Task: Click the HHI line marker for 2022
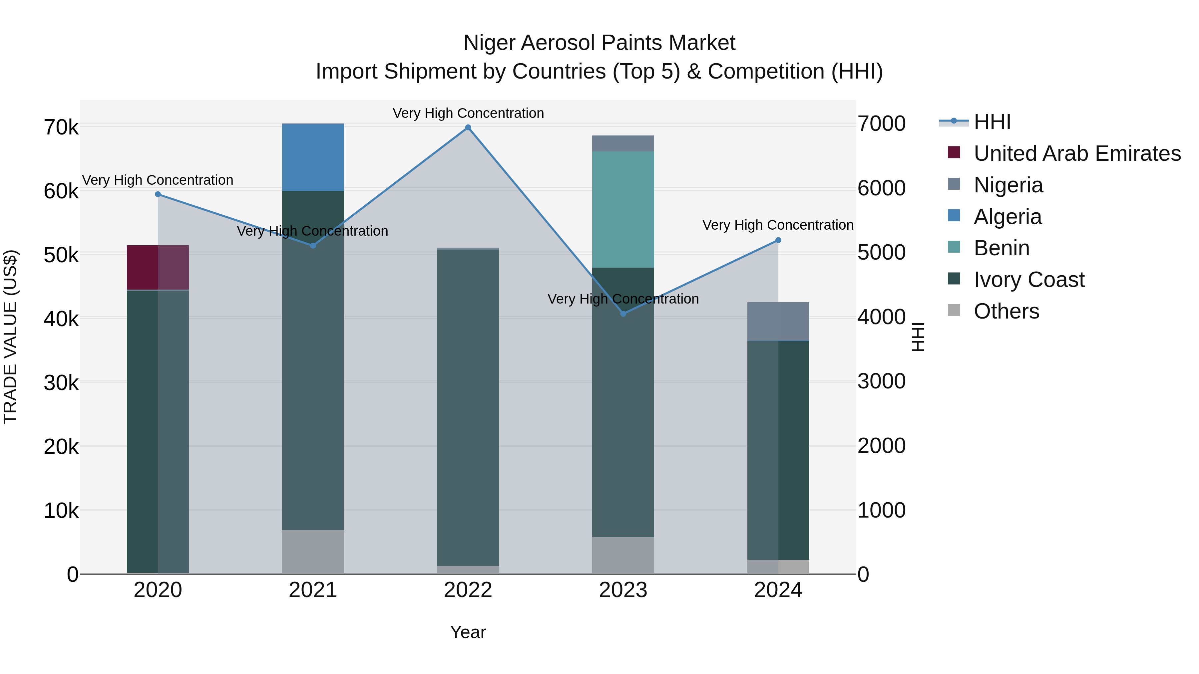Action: (x=468, y=127)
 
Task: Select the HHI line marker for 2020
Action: (x=158, y=194)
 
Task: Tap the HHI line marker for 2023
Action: (x=623, y=314)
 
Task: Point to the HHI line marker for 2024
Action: (x=778, y=240)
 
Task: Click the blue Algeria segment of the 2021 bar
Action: (x=313, y=157)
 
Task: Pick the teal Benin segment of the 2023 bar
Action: (x=623, y=209)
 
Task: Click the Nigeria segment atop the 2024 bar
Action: (x=778, y=322)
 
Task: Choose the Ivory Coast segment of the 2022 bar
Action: (x=468, y=407)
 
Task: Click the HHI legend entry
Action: (x=992, y=122)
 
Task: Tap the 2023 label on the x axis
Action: (x=623, y=590)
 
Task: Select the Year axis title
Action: (x=468, y=632)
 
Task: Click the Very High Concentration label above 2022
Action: (x=468, y=113)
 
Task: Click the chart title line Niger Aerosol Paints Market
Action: (x=599, y=43)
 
